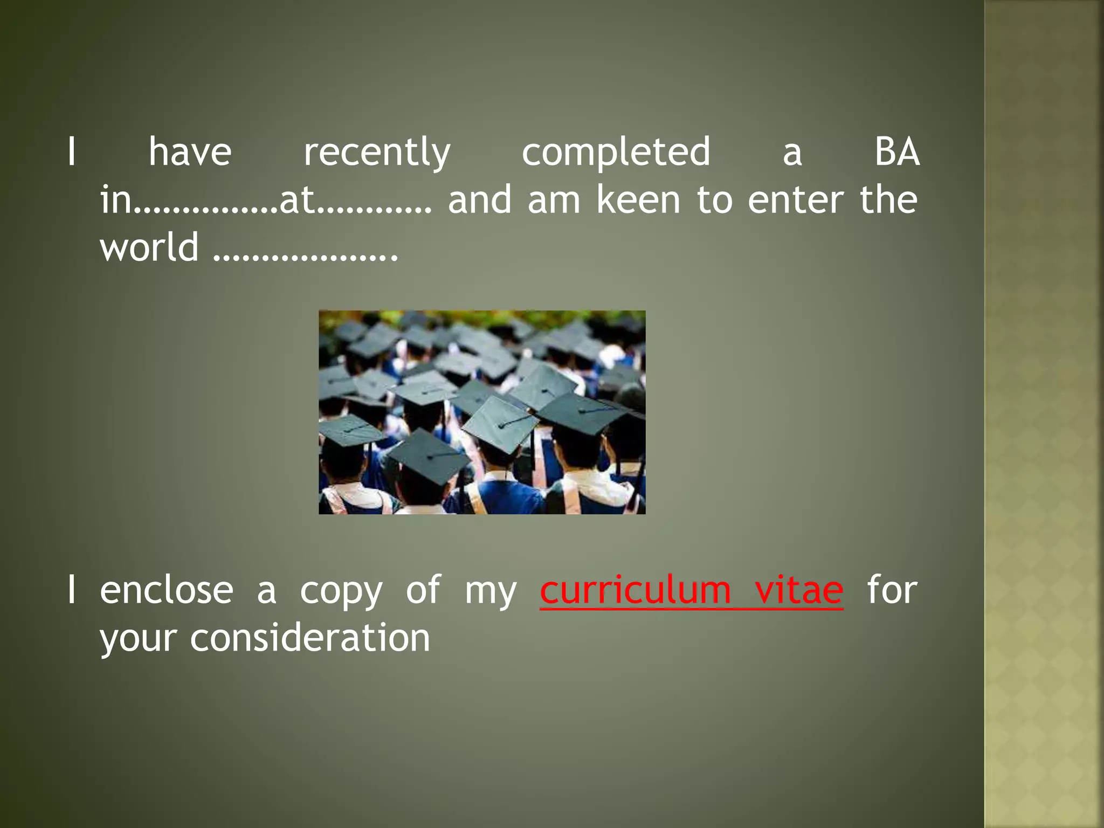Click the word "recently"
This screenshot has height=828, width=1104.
coord(377,153)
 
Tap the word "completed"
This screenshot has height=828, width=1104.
coord(616,153)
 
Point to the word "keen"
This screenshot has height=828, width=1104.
coord(638,199)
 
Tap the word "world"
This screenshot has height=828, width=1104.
coord(149,247)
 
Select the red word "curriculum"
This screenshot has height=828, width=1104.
coord(635,590)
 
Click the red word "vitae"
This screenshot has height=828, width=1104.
coord(799,590)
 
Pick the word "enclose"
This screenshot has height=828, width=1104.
coord(167,590)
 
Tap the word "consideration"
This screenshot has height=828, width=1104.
coord(310,638)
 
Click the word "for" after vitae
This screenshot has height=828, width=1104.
coord(892,590)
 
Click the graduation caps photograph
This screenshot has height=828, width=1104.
coord(482,412)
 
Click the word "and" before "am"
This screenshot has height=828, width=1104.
coord(479,199)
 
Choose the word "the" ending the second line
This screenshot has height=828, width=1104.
coord(888,199)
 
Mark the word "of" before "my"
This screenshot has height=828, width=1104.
coord(424,590)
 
